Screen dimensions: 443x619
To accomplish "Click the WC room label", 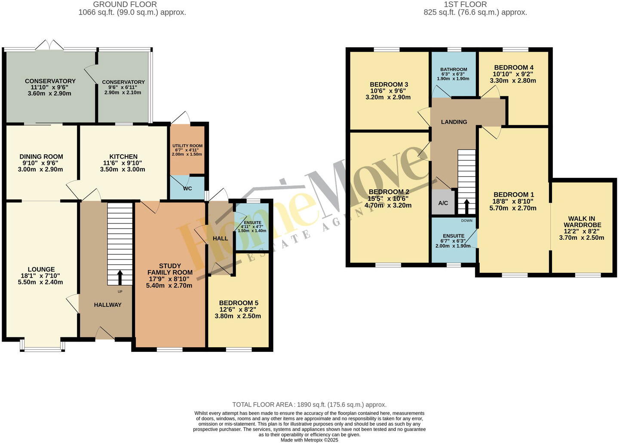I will pyautogui.click(x=187, y=189).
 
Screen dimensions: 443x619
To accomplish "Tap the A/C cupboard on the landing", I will pyautogui.click(x=443, y=203).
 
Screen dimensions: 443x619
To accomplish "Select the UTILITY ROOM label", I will pyautogui.click(x=187, y=146).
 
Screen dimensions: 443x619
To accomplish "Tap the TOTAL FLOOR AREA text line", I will pyautogui.click(x=309, y=404).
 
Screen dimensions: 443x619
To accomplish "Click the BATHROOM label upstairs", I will pyautogui.click(x=454, y=70).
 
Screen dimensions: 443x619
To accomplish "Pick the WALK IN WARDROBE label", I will pyautogui.click(x=582, y=222).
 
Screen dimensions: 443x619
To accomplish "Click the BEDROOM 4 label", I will pyautogui.click(x=514, y=67).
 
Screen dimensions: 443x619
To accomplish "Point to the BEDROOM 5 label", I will pyautogui.click(x=239, y=303).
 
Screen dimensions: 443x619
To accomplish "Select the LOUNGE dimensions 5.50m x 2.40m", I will pyautogui.click(x=40, y=282).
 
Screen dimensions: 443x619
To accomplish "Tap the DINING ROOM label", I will pyautogui.click(x=41, y=157).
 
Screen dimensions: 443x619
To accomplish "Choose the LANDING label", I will pyautogui.click(x=454, y=122).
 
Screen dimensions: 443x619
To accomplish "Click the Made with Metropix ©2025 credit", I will pyautogui.click(x=309, y=440).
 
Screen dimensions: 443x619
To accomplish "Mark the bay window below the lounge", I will pyautogui.click(x=42, y=346).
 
